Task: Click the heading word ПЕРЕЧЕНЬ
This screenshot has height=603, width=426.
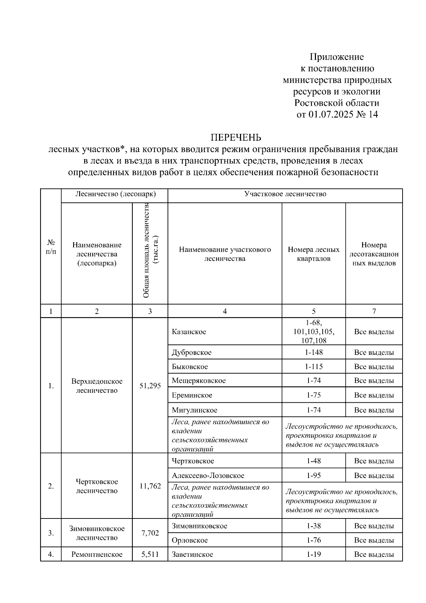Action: pos(236,137)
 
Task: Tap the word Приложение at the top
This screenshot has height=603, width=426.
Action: pos(337,57)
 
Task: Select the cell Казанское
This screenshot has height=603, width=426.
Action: pos(189,332)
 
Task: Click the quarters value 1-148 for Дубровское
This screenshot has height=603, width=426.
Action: pos(313,352)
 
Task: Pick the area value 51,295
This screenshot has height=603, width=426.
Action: pos(150,386)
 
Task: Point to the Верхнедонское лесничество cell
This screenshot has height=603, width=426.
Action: pos(97,386)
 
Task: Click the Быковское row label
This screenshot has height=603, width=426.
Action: pos(190,366)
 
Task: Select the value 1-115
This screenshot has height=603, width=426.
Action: pos(313,366)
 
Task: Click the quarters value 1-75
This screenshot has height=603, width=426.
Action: pos(313,395)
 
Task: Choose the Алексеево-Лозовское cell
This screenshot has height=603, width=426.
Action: pos(208,475)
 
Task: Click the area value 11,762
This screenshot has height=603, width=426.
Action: pos(150,486)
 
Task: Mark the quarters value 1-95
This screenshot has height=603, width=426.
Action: pos(313,475)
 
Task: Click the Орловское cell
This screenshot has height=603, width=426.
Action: pos(190,540)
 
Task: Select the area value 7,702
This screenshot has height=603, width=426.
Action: pos(150,533)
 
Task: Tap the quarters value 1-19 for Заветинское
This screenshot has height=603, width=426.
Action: pos(313,554)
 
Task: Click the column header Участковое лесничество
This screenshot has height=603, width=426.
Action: pos(285,194)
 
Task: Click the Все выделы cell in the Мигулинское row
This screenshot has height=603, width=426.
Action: pos(374,410)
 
